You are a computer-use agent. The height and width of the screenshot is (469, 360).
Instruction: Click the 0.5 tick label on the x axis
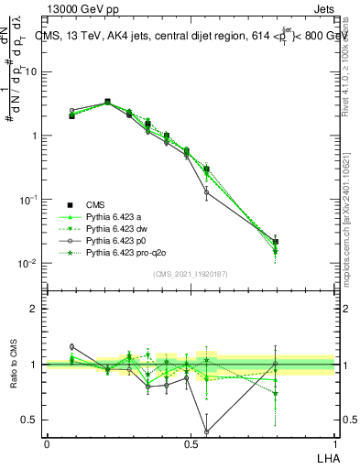[x=191, y=442]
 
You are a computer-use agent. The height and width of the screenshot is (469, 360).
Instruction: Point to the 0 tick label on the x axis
[x=47, y=442]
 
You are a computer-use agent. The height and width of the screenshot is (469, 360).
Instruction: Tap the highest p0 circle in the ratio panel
[x=71, y=346]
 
